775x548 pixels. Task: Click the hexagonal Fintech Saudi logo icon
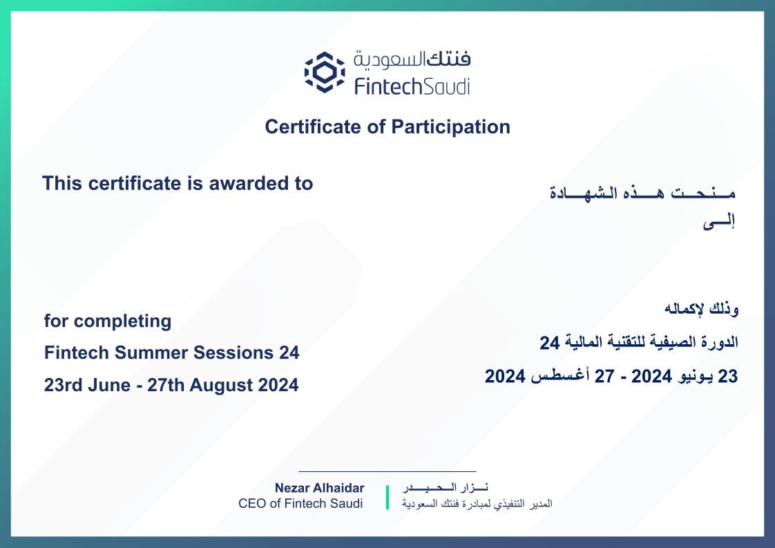[324, 72]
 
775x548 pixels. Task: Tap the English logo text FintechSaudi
[412, 86]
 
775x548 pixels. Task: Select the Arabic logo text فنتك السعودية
[412, 60]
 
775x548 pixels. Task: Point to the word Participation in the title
[451, 127]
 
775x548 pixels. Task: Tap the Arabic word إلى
[718, 222]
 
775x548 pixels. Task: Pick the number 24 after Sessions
[289, 352]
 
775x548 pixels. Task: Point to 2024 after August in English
[279, 385]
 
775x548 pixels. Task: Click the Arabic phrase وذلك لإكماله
[701, 309]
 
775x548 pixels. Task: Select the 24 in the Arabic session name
[550, 342]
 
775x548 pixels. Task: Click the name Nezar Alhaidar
[319, 488]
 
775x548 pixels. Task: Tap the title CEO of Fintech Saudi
[300, 504]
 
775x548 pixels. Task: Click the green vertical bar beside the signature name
[387, 498]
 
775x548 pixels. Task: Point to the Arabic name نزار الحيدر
[446, 488]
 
